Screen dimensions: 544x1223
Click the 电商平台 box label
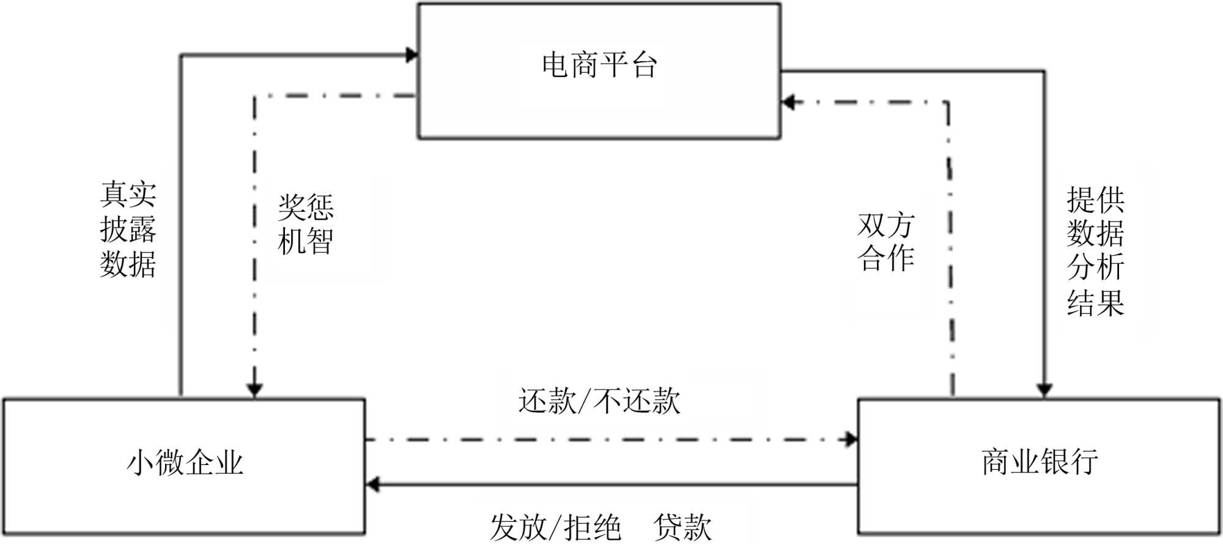[x=599, y=65]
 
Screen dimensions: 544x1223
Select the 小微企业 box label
[x=185, y=463]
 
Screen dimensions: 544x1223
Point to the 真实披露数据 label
[x=128, y=229]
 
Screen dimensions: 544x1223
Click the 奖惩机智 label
[x=306, y=225]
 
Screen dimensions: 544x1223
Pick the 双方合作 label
[x=886, y=242]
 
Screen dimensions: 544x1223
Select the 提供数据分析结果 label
[x=1095, y=251]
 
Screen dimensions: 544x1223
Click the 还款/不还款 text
[x=599, y=401]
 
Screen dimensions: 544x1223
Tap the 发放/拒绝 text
[x=555, y=527]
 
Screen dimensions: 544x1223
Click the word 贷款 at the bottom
[x=682, y=527]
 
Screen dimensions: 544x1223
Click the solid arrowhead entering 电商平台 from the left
[x=412, y=55]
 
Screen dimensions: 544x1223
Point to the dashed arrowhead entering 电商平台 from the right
[x=789, y=102]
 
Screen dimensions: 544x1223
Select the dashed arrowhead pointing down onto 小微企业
[x=254, y=390]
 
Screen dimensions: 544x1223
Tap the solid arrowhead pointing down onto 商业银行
[x=1044, y=390]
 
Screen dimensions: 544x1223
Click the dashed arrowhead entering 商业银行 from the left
[x=851, y=439]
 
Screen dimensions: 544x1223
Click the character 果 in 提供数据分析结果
[x=1110, y=302]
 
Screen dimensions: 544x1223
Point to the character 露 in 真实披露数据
[x=142, y=229]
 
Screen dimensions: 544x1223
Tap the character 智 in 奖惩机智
[x=320, y=241]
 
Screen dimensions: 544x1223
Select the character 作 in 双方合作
[x=901, y=258]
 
